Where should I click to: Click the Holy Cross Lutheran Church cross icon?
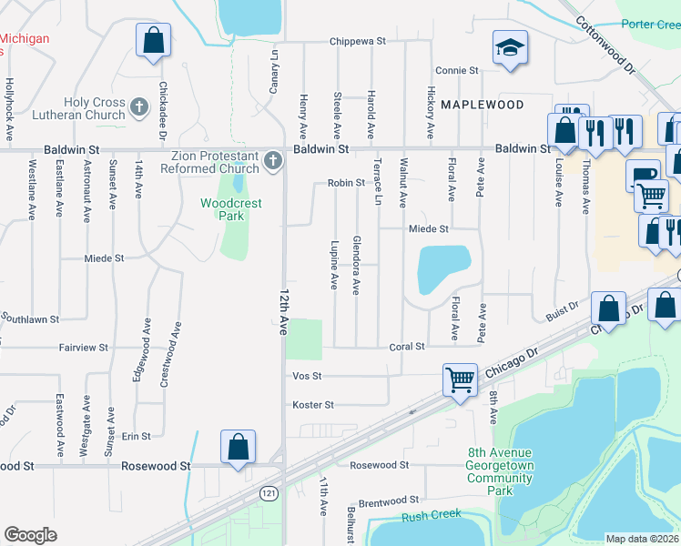(139, 109)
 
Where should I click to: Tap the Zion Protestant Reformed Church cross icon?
(272, 163)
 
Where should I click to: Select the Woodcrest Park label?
(231, 209)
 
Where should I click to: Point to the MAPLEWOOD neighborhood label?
(483, 105)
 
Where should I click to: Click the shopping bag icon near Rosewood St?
(238, 447)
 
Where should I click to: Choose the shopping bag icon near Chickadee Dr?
(153, 41)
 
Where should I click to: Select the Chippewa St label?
(358, 42)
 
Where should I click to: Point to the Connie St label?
(456, 70)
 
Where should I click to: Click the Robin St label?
(346, 183)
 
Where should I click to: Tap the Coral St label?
(407, 347)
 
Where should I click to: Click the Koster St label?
(313, 405)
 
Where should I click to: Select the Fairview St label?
(85, 348)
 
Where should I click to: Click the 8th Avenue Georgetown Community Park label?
(501, 471)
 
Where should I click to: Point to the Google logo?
(30, 535)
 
